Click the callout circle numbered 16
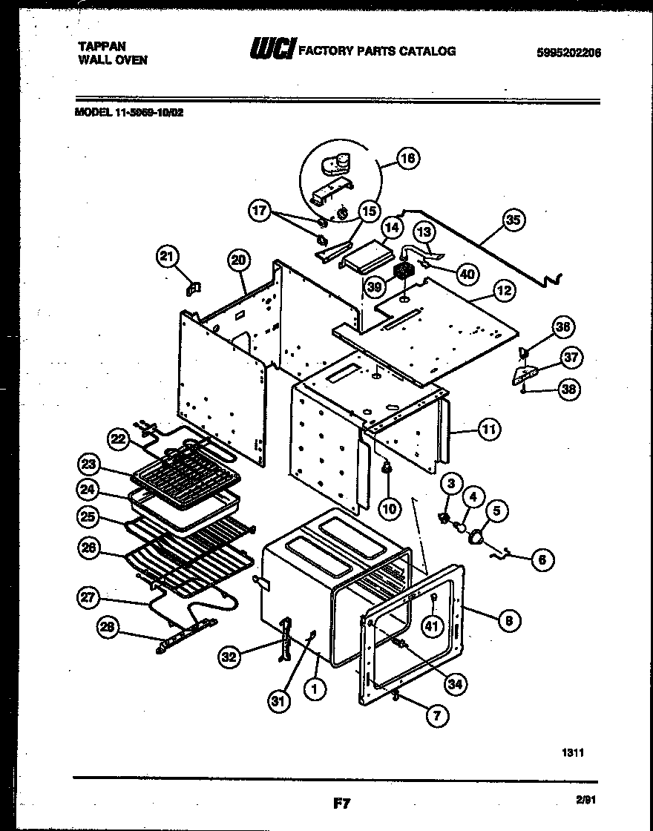tap(407, 158)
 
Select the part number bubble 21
tap(168, 257)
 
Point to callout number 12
tap(505, 291)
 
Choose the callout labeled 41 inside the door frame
tap(432, 626)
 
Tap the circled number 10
tap(390, 508)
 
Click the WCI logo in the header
tap(272, 50)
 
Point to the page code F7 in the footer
tap(340, 803)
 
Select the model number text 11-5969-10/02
tap(147, 113)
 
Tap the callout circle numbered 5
tap(497, 510)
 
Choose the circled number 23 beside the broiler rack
tap(89, 465)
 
